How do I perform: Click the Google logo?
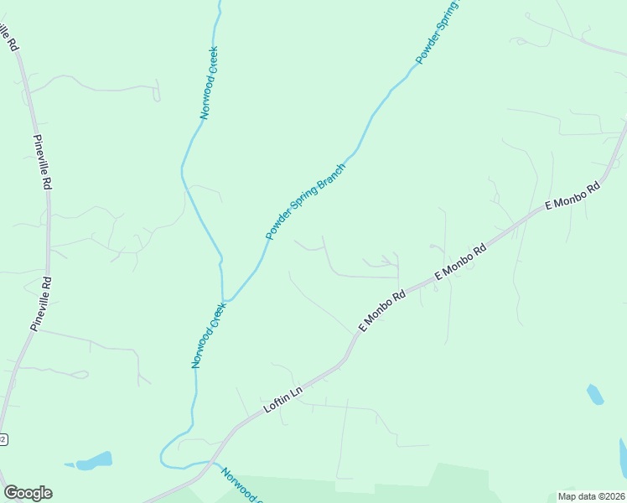click(x=28, y=493)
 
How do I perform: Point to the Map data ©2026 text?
click(x=591, y=496)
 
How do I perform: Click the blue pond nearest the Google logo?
click(x=94, y=460)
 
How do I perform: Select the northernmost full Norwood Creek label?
click(x=209, y=83)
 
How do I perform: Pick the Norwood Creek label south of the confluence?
click(x=209, y=335)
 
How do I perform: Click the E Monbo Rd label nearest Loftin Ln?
click(x=382, y=309)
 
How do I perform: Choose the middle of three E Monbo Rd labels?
click(x=460, y=262)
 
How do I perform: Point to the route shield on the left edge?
click(x=3, y=439)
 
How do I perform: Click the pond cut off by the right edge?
click(x=623, y=456)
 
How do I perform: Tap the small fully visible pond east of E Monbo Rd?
click(x=595, y=393)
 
